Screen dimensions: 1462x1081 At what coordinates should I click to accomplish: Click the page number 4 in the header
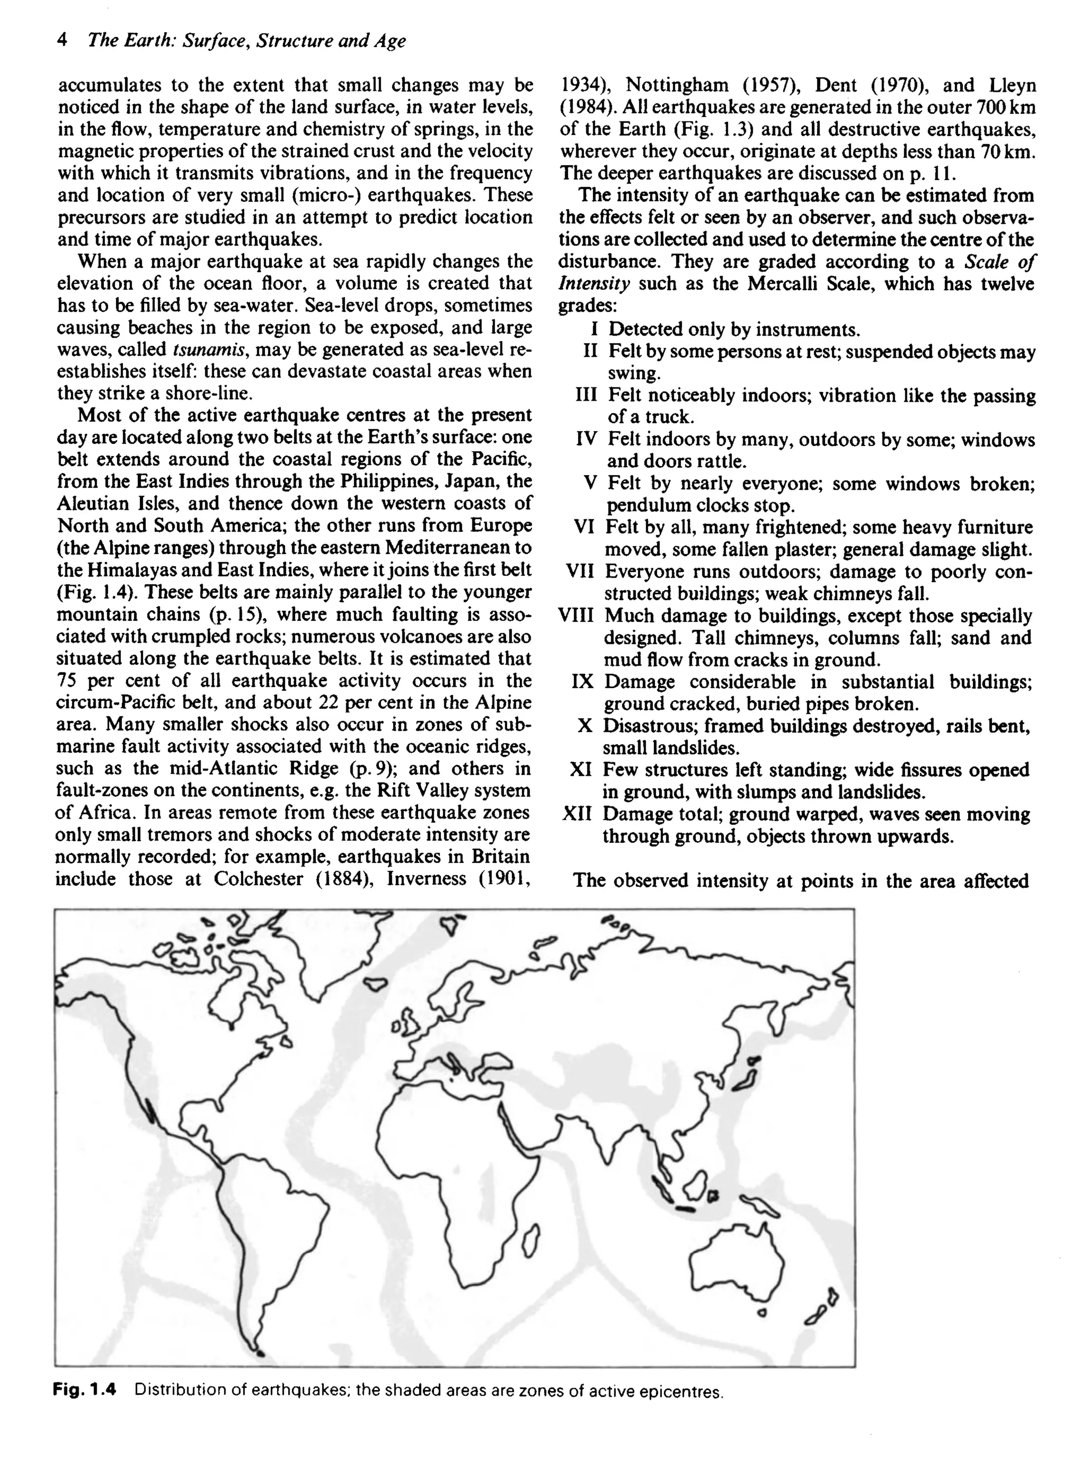62,41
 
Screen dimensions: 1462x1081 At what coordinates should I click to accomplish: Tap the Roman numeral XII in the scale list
576,814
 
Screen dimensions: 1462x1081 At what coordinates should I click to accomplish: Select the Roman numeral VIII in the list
576,615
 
